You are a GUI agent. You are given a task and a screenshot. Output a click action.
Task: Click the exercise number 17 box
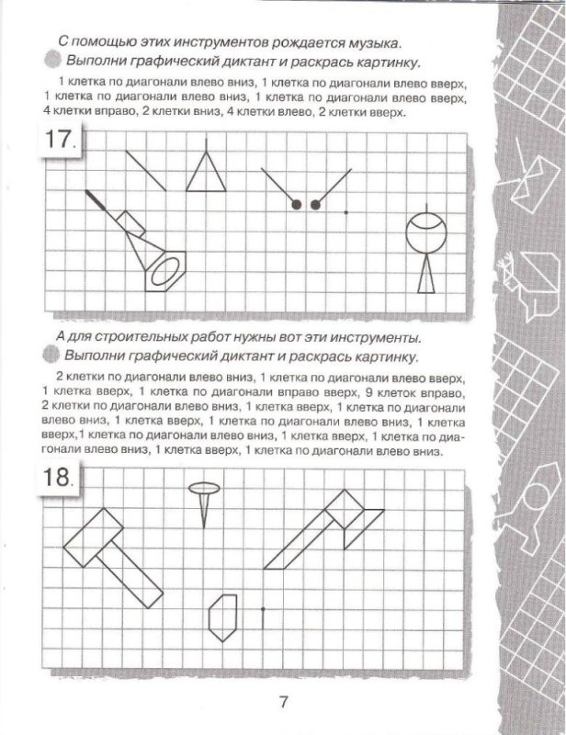coord(62,144)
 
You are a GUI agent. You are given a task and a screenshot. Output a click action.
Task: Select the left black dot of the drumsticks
coord(297,204)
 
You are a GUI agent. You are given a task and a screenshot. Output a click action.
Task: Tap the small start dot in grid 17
coord(345,213)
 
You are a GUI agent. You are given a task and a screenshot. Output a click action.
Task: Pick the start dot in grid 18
coord(262,608)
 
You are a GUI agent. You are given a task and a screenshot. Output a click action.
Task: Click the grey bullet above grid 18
coord(51,356)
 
